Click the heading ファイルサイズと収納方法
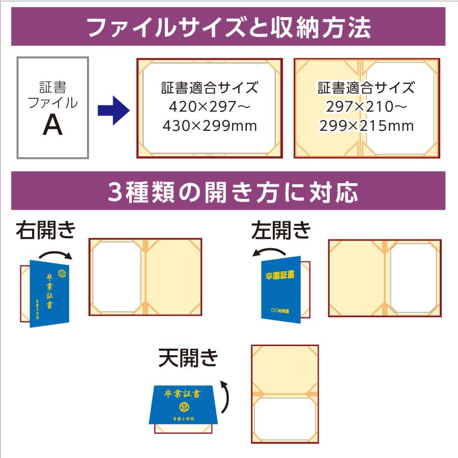pos(228,27)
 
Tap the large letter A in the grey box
pos(52,125)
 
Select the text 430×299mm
pos(209,126)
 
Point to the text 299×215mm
pos(366,126)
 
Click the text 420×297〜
pos(209,106)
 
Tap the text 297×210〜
pos(366,106)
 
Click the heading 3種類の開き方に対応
pos(228,192)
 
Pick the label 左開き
pos(281,231)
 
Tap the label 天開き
pos(188,358)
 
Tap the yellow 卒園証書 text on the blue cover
pos(280,275)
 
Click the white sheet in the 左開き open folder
pos(413,277)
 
